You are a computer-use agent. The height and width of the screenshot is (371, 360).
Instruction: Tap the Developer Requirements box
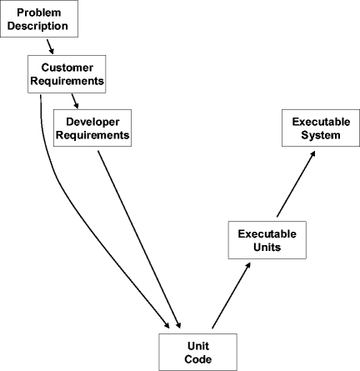[92, 127]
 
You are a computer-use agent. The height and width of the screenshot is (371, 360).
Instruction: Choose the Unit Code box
[198, 351]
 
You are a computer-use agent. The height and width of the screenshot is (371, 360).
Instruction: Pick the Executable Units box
[262, 240]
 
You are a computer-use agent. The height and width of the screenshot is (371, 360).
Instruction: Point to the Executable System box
[316, 128]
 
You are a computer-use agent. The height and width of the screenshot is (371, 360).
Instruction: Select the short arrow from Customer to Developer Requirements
[73, 100]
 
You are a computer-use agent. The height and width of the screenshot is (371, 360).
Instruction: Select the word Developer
[92, 120]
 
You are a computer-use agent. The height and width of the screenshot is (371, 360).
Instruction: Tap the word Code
[198, 358]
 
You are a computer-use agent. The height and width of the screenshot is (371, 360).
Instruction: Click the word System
[316, 136]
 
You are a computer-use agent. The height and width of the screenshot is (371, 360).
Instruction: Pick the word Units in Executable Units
[262, 248]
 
